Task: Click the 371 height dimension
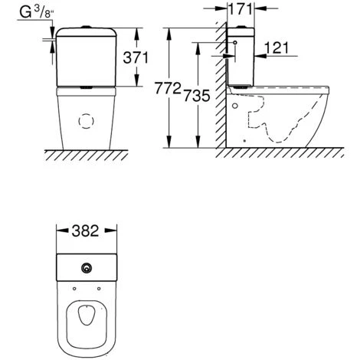[x=136, y=57]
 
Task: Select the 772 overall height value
[x=168, y=88]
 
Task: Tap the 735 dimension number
[x=197, y=96]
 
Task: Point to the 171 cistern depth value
[x=241, y=9]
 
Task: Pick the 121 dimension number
[x=277, y=47]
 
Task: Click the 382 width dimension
[x=85, y=231]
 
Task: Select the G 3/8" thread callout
[x=37, y=11]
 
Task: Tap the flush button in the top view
[x=87, y=268]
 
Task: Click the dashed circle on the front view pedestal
[x=87, y=121]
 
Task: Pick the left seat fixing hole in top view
[x=74, y=289]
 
